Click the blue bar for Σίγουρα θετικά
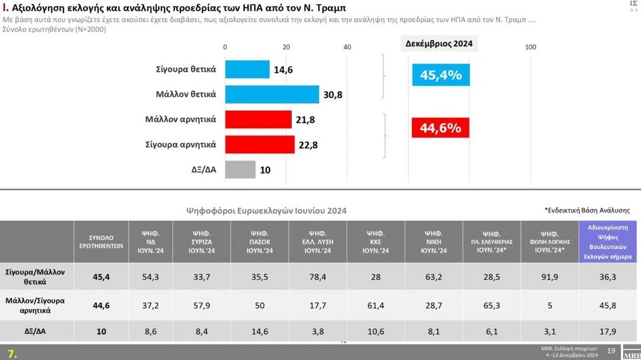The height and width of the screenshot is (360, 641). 247,69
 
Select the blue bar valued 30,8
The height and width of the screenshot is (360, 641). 272,94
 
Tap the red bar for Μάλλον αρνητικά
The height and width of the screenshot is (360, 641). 258,120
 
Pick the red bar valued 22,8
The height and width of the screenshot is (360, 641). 260,144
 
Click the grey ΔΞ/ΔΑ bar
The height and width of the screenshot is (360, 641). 240,170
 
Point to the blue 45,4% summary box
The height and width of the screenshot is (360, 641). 441,75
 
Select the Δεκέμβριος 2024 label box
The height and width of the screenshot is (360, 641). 440,44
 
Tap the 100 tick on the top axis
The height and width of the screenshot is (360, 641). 531,47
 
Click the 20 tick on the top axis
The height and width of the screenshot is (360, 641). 286,47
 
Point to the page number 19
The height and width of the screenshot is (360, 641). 610,351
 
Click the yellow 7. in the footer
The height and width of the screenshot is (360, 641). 11,352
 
